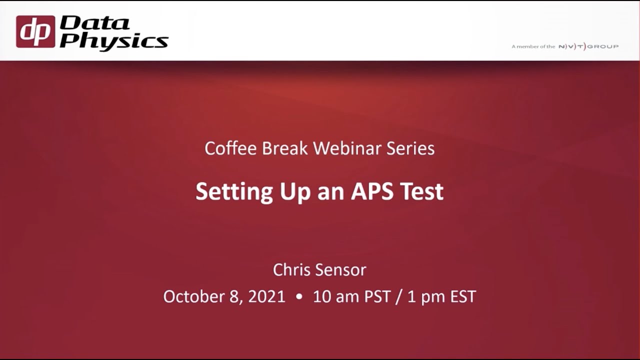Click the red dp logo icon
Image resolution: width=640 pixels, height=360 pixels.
pyautogui.click(x=35, y=31)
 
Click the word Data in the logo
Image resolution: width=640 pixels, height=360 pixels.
pyautogui.click(x=95, y=23)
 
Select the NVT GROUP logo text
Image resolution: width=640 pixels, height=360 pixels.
pyautogui.click(x=588, y=46)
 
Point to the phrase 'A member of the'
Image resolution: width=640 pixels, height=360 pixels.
pyautogui.click(x=533, y=46)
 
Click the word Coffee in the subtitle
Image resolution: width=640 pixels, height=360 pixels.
pyautogui.click(x=230, y=148)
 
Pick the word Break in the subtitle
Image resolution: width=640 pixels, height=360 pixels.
pyautogui.click(x=286, y=148)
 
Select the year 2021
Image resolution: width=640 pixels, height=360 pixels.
pyautogui.click(x=266, y=296)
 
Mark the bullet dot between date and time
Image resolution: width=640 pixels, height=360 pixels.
pyautogui.click(x=299, y=296)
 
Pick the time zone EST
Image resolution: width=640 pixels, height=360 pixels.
pyautogui.click(x=462, y=296)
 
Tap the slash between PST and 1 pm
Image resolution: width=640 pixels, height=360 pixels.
pyautogui.click(x=400, y=296)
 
